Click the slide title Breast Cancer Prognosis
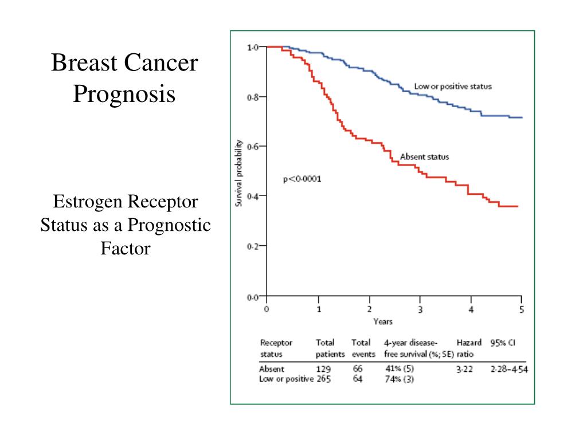point(124,78)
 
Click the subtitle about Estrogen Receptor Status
point(126,225)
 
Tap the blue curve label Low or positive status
point(453,87)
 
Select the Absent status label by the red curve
point(424,156)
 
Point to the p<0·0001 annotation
point(302,179)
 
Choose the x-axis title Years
point(383,321)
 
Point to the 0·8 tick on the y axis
point(253,97)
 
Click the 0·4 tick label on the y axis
point(253,196)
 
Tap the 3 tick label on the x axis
point(420,309)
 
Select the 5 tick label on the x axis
point(522,309)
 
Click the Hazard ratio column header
point(468,348)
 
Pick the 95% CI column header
point(503,343)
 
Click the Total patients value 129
point(323,370)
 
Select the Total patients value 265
point(323,379)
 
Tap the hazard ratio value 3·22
point(464,370)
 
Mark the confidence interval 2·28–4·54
point(509,370)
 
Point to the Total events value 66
point(358,370)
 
